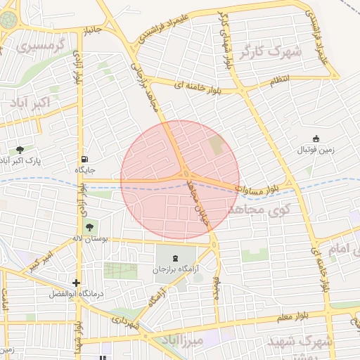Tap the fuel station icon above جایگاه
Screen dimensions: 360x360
[85, 159]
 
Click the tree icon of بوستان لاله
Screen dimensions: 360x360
[89, 226]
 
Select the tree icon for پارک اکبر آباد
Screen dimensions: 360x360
[20, 149]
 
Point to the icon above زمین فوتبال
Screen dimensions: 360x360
[316, 139]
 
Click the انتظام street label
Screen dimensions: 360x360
[279, 82]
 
